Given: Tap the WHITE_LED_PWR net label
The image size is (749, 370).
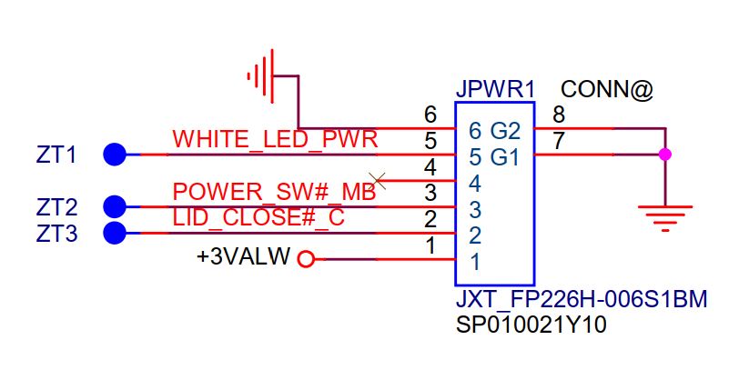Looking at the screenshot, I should pyautogui.click(x=275, y=140).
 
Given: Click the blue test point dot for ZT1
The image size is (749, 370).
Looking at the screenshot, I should pyautogui.click(x=115, y=155).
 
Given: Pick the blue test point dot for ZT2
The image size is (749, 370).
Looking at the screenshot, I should pyautogui.click(x=115, y=206).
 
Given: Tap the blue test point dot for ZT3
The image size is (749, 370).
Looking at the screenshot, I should pyautogui.click(x=115, y=233).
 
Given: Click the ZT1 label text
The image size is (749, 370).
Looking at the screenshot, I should pyautogui.click(x=56, y=155).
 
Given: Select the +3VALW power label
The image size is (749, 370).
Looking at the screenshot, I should pyautogui.click(x=243, y=257).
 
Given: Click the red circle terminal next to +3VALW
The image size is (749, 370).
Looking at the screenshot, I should pyautogui.click(x=306, y=259).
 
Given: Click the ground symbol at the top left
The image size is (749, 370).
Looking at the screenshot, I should pyautogui.click(x=262, y=73).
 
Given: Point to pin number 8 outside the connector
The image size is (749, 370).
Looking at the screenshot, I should pyautogui.click(x=559, y=115).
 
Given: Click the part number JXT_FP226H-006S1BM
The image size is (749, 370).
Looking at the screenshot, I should pyautogui.click(x=582, y=300).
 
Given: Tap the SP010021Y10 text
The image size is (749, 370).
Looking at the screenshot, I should pyautogui.click(x=531, y=325).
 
